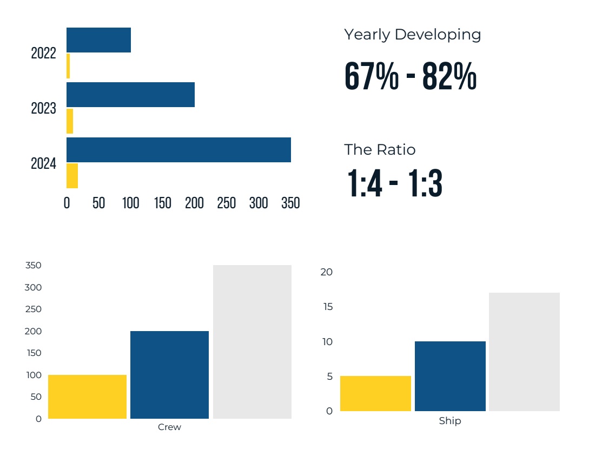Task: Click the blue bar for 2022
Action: pos(98,40)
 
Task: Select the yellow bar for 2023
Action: pos(70,121)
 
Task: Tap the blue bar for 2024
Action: pos(178,150)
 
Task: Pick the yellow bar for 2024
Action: pos(72,176)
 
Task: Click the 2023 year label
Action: pos(43,108)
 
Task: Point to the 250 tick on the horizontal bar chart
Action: pos(227,203)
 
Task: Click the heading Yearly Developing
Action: pos(412,35)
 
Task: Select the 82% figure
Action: pos(449,77)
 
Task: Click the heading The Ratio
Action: pos(380,149)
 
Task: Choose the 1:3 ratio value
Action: pos(425,183)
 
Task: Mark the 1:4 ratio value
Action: pos(364,183)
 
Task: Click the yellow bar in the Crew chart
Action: pos(87,397)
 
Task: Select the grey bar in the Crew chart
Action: pos(252,342)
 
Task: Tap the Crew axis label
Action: pos(169,427)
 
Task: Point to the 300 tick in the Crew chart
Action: pos(33,287)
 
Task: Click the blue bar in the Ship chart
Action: pos(450,376)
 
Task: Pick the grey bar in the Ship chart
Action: pos(524,352)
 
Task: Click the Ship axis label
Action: pos(450,421)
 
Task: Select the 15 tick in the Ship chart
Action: pos(327,307)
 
